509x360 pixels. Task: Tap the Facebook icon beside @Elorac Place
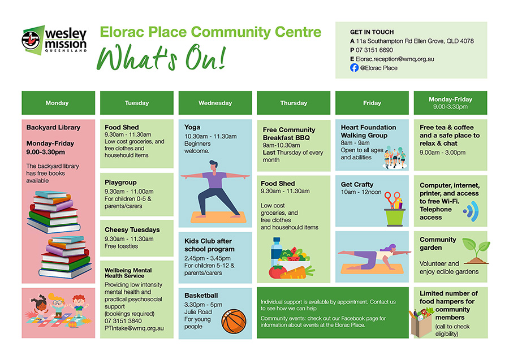point(354,68)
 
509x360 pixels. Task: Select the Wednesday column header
point(215,103)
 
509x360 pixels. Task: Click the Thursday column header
point(294,103)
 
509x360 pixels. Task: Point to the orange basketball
point(234,320)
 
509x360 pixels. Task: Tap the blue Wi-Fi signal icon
point(470,212)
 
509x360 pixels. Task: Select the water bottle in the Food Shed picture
point(277,252)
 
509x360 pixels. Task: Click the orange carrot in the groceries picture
point(299,272)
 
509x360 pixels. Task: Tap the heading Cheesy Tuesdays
point(132,230)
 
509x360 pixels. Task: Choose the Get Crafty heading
point(357,184)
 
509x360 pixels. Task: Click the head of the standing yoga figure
point(212,165)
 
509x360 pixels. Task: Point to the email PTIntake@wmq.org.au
point(134,328)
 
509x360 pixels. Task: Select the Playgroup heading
point(121,183)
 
